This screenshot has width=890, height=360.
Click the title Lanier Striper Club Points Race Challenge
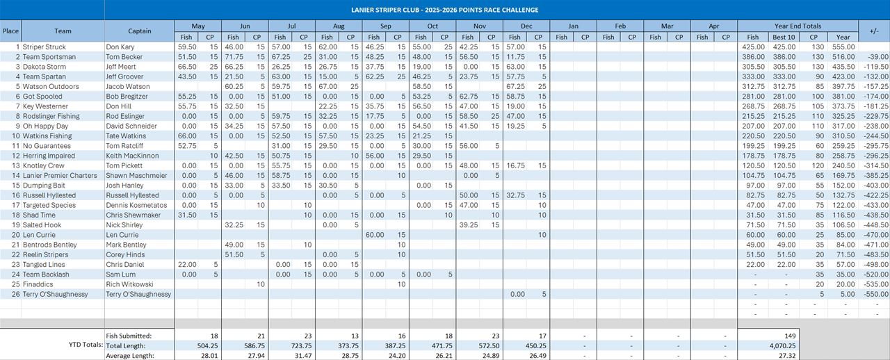point(444,10)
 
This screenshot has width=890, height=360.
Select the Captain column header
point(139,31)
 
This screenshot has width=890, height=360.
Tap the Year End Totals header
point(798,26)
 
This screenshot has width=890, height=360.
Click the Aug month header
point(339,26)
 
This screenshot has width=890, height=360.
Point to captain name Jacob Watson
point(128,87)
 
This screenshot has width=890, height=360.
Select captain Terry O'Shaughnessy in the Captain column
point(138,294)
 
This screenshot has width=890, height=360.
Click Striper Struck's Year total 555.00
point(842,47)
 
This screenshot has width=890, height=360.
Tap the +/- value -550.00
point(877,294)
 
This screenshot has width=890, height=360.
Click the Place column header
point(10,31)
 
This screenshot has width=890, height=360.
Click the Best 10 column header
point(783,37)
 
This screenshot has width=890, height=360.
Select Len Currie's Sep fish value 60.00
point(375,235)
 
